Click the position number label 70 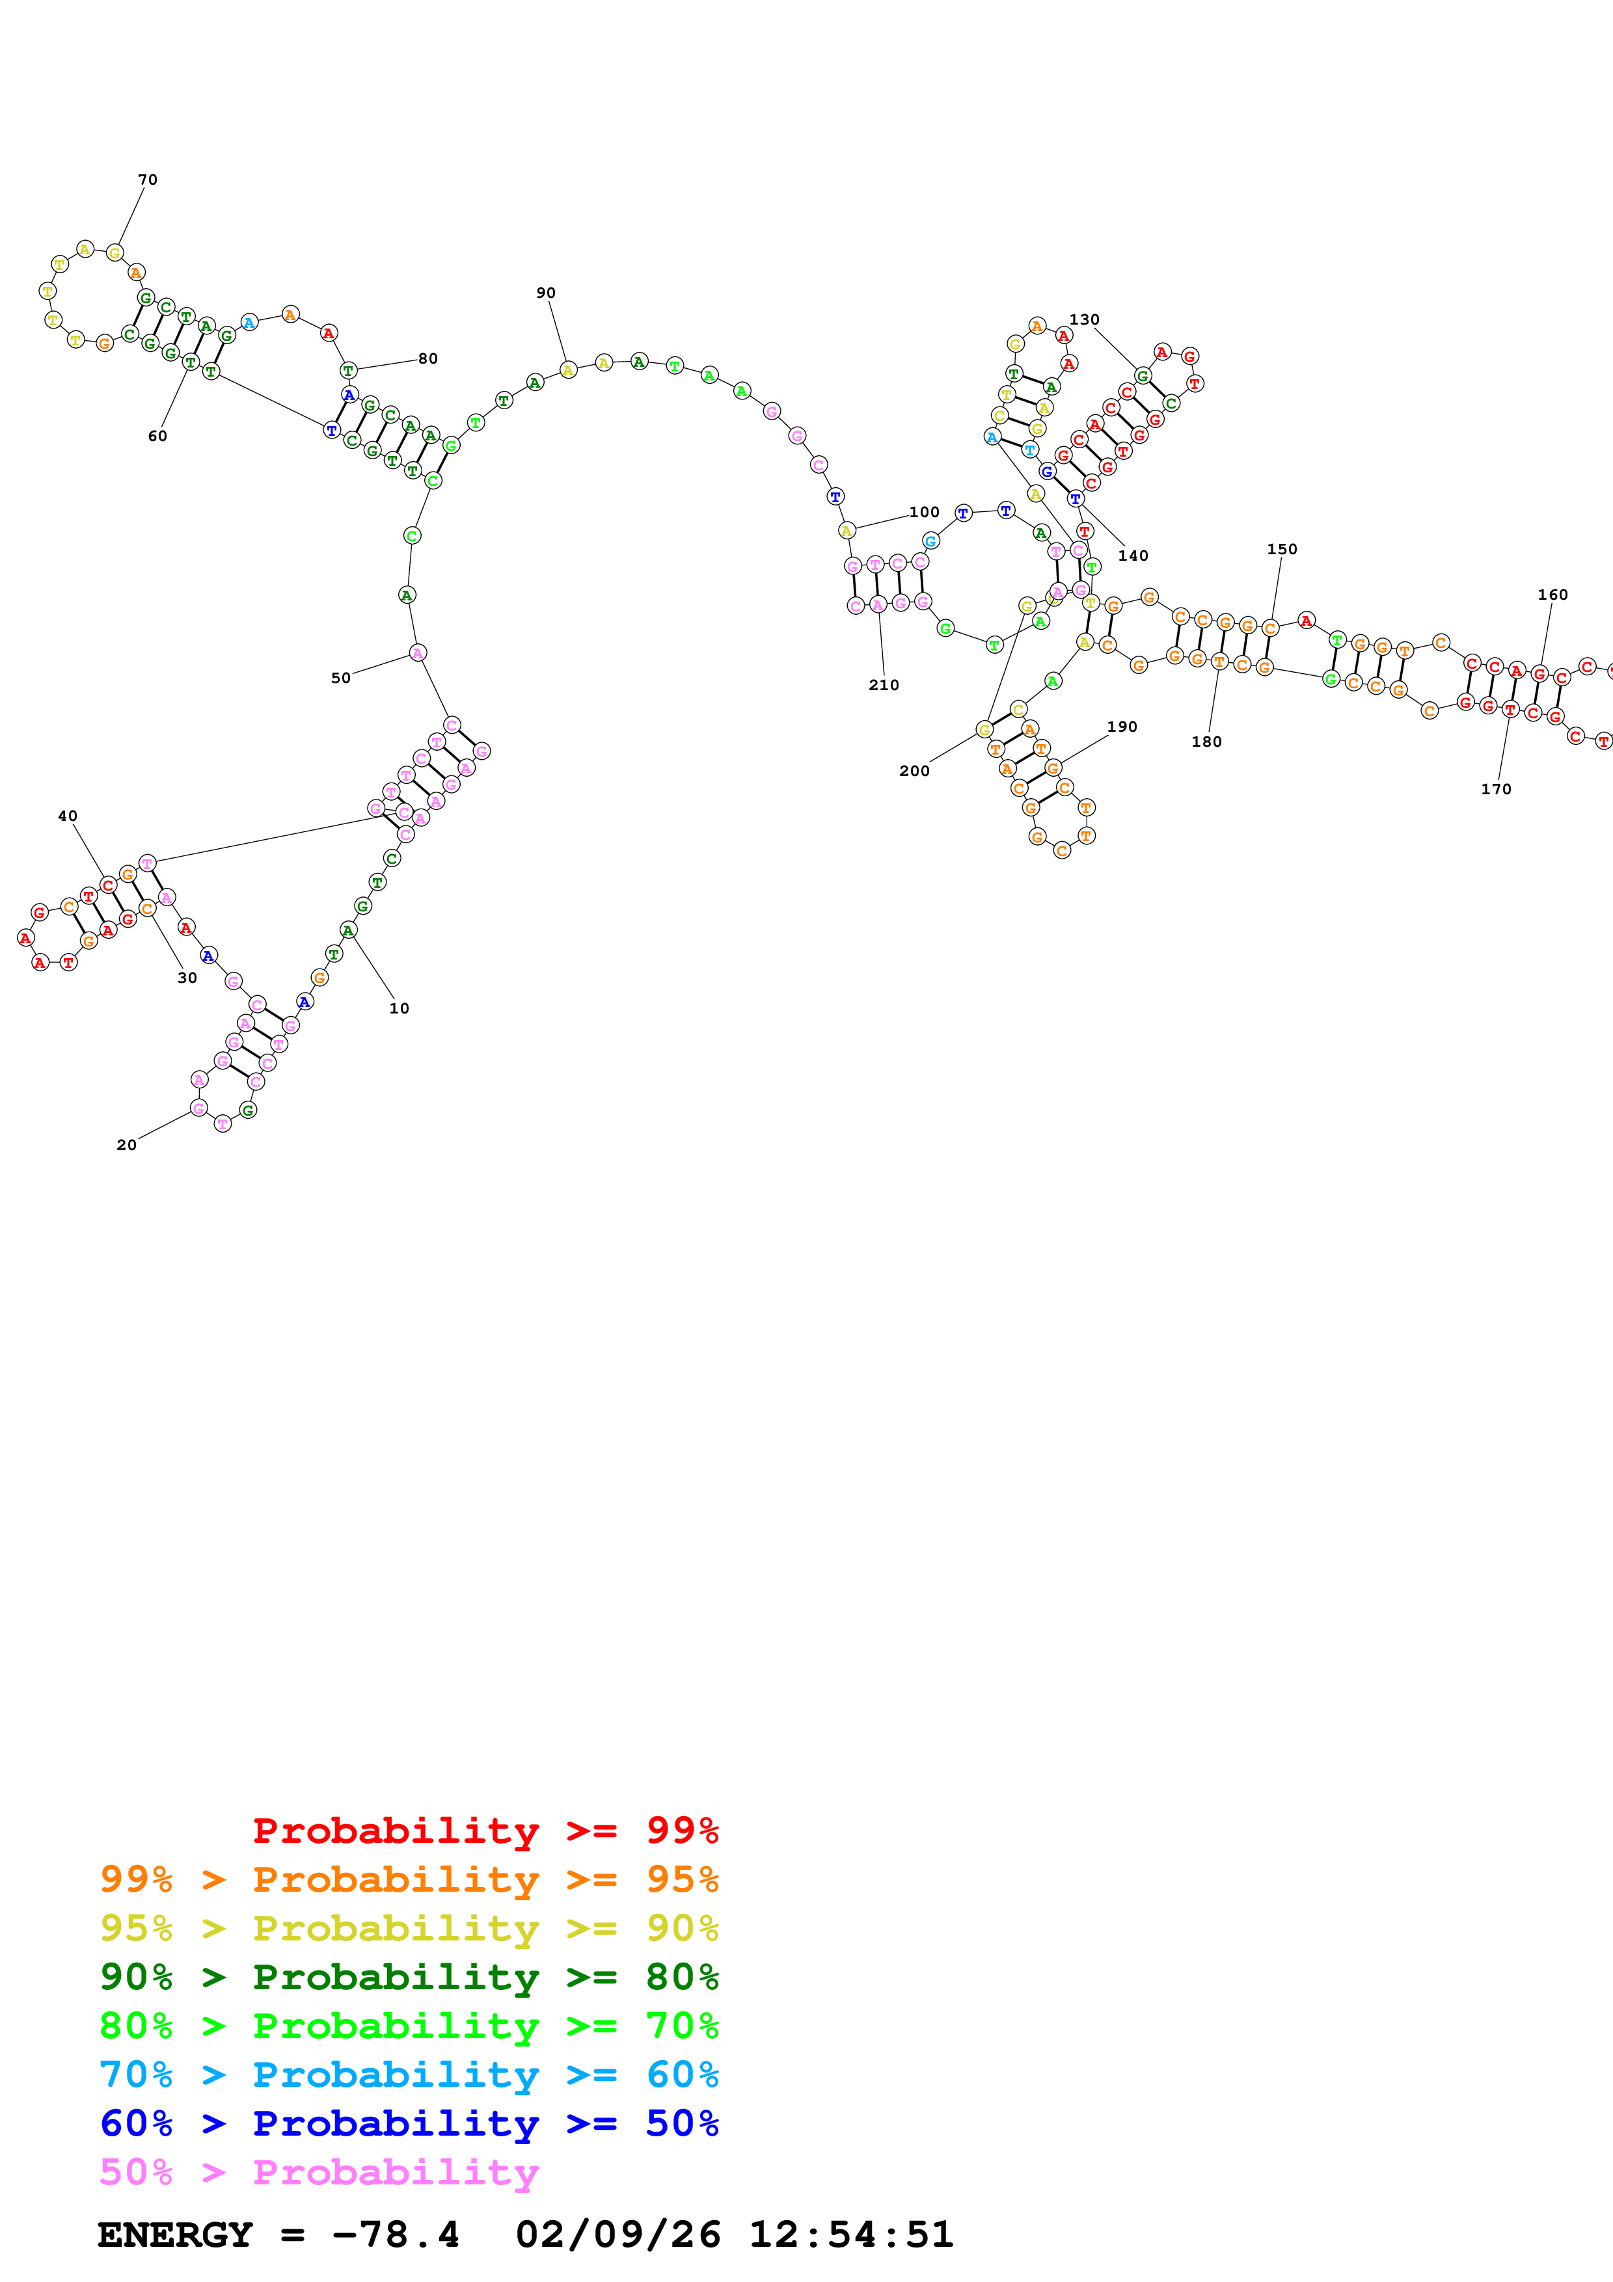tap(147, 180)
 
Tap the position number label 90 tap(546, 293)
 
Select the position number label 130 tap(1084, 320)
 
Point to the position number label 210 tap(884, 685)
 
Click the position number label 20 tap(126, 1145)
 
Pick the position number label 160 tap(1552, 595)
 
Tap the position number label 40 tap(68, 816)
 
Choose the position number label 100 tap(924, 513)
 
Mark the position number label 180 tap(1206, 742)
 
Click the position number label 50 tap(341, 678)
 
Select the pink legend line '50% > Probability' tap(319, 2171)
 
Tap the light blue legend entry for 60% tap(409, 2074)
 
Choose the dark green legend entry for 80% tap(409, 1977)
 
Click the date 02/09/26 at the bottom tap(617, 2235)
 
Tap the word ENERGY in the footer tap(175, 2235)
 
